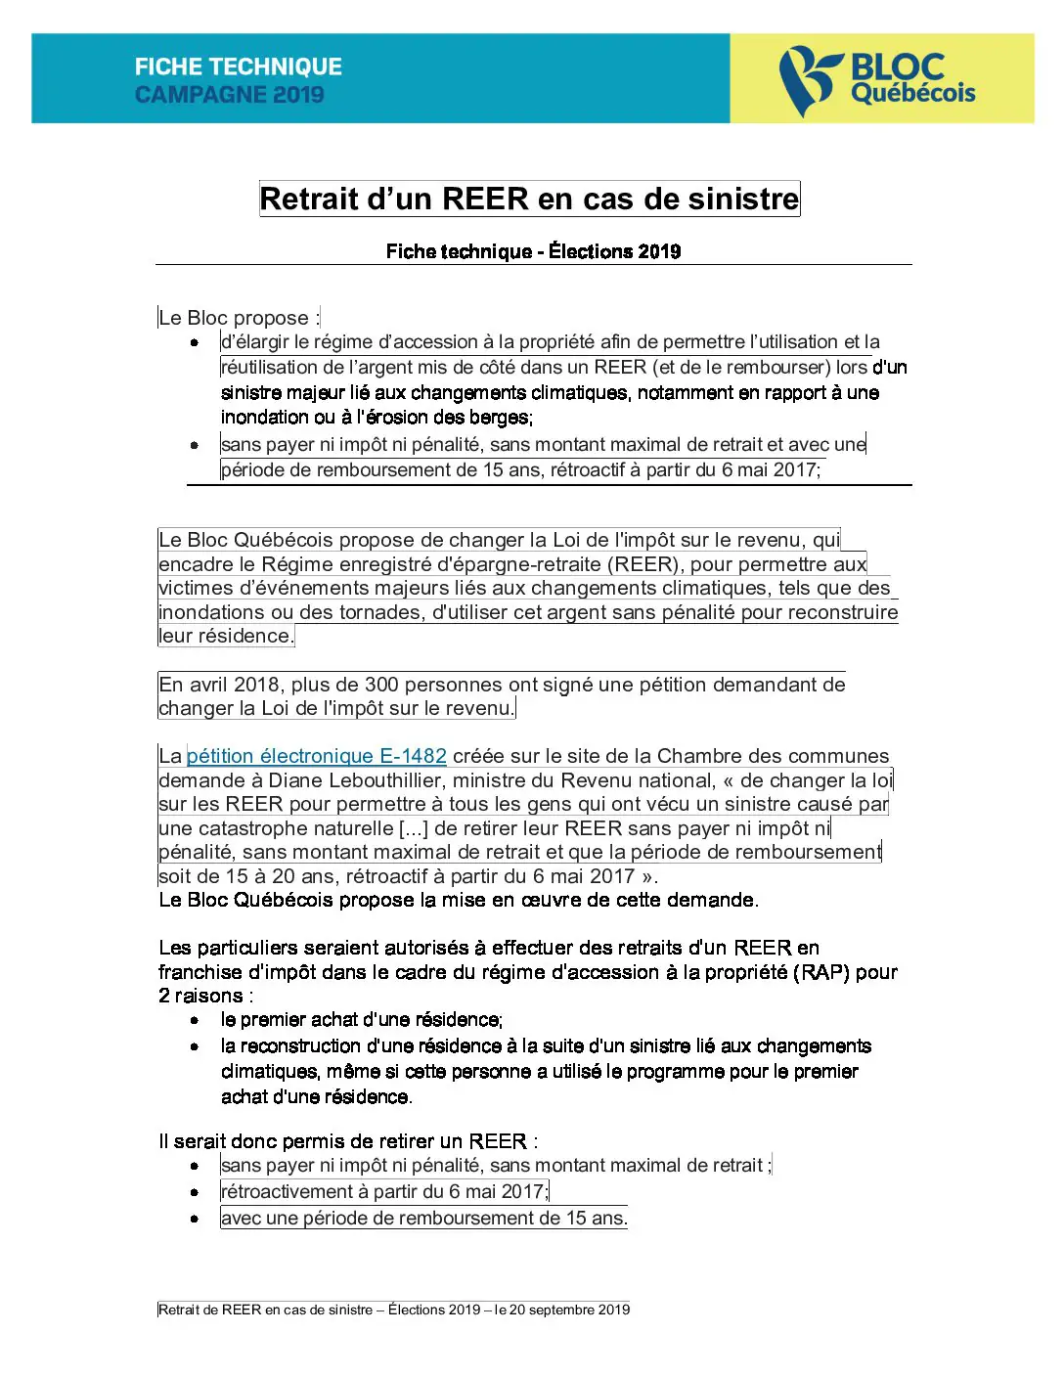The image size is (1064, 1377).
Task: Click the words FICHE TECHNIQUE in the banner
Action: (239, 67)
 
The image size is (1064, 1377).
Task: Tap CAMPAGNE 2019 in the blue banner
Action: (230, 95)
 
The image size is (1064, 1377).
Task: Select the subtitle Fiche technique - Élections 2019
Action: (533, 251)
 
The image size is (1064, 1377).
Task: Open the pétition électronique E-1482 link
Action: (316, 756)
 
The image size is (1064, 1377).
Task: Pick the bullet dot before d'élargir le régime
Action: (195, 342)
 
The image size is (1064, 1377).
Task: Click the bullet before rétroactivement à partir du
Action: (195, 1192)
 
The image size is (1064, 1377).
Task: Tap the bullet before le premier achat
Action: (195, 1020)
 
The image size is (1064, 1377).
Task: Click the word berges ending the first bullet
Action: (500, 418)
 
